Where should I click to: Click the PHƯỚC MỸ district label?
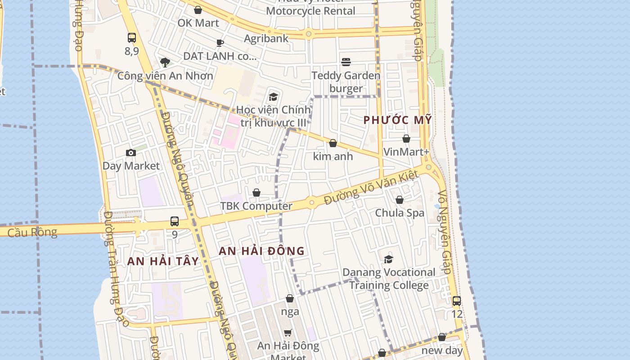click(x=397, y=120)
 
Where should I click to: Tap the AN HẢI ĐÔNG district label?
click(x=261, y=251)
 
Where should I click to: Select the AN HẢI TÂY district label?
click(x=163, y=261)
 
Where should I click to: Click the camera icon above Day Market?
click(x=131, y=153)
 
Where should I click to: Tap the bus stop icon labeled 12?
click(x=457, y=301)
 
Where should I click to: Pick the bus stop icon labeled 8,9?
click(x=132, y=38)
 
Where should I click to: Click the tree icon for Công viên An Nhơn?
click(x=165, y=62)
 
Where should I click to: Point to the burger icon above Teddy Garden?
click(x=346, y=62)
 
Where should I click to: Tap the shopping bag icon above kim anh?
click(x=333, y=143)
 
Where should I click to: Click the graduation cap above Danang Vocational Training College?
click(x=388, y=259)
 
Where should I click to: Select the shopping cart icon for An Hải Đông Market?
click(x=288, y=333)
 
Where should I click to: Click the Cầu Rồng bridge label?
click(x=32, y=232)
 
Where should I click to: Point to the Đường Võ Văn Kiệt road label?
click(x=372, y=188)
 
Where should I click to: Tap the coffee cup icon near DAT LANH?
click(x=220, y=43)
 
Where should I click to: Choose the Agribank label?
click(x=266, y=39)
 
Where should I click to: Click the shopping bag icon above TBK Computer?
click(x=256, y=193)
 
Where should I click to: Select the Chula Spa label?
click(x=400, y=212)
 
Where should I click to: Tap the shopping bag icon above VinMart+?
click(x=406, y=139)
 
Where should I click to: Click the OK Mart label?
click(x=198, y=23)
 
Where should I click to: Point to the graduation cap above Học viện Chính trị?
click(x=273, y=96)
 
